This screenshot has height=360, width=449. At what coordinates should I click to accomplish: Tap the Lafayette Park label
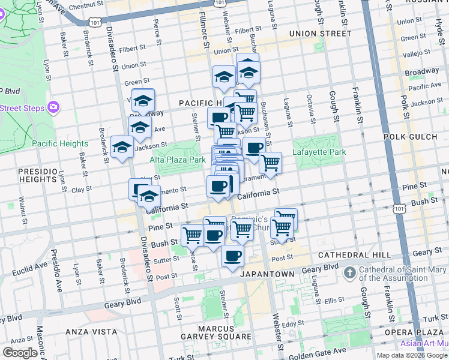pos(319,152)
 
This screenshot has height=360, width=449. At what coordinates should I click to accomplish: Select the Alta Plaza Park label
pos(178,160)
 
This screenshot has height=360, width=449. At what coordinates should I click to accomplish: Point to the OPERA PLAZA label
pos(419,332)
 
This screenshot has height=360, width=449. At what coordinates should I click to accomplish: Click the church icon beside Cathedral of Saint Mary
pos(350,273)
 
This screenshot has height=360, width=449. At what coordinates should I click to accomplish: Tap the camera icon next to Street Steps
pos(53,107)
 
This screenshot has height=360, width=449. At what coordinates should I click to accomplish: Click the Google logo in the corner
pos(20,353)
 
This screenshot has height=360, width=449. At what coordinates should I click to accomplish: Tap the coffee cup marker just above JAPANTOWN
pos(232,256)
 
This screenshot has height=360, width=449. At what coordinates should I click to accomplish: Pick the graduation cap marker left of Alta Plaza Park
pos(122,146)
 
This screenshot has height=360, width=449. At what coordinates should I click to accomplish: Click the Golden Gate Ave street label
pos(322,351)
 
